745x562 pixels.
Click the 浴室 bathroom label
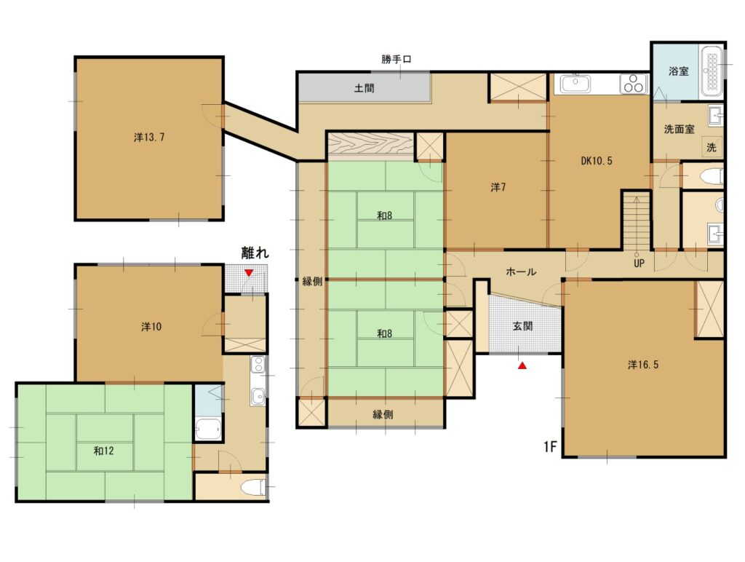click(678, 71)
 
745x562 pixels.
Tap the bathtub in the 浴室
click(711, 71)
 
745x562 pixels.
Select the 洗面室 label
click(679, 129)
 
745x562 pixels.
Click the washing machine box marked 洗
click(712, 147)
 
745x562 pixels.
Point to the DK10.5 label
click(597, 161)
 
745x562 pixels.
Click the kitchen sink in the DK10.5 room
click(575, 84)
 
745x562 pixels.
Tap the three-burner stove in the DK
click(634, 84)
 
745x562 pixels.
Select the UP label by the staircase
click(639, 263)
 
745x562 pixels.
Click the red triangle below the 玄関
click(522, 365)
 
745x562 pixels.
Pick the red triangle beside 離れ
click(249, 272)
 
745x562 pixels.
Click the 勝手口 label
click(397, 60)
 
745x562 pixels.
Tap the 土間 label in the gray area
click(364, 88)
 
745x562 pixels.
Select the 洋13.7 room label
click(149, 138)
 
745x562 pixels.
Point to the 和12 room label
click(103, 451)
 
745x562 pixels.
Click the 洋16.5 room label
click(643, 365)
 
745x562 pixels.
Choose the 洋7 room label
click(498, 187)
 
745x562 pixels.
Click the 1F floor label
click(550, 447)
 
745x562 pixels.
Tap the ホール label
click(521, 272)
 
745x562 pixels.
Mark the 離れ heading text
click(255, 253)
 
